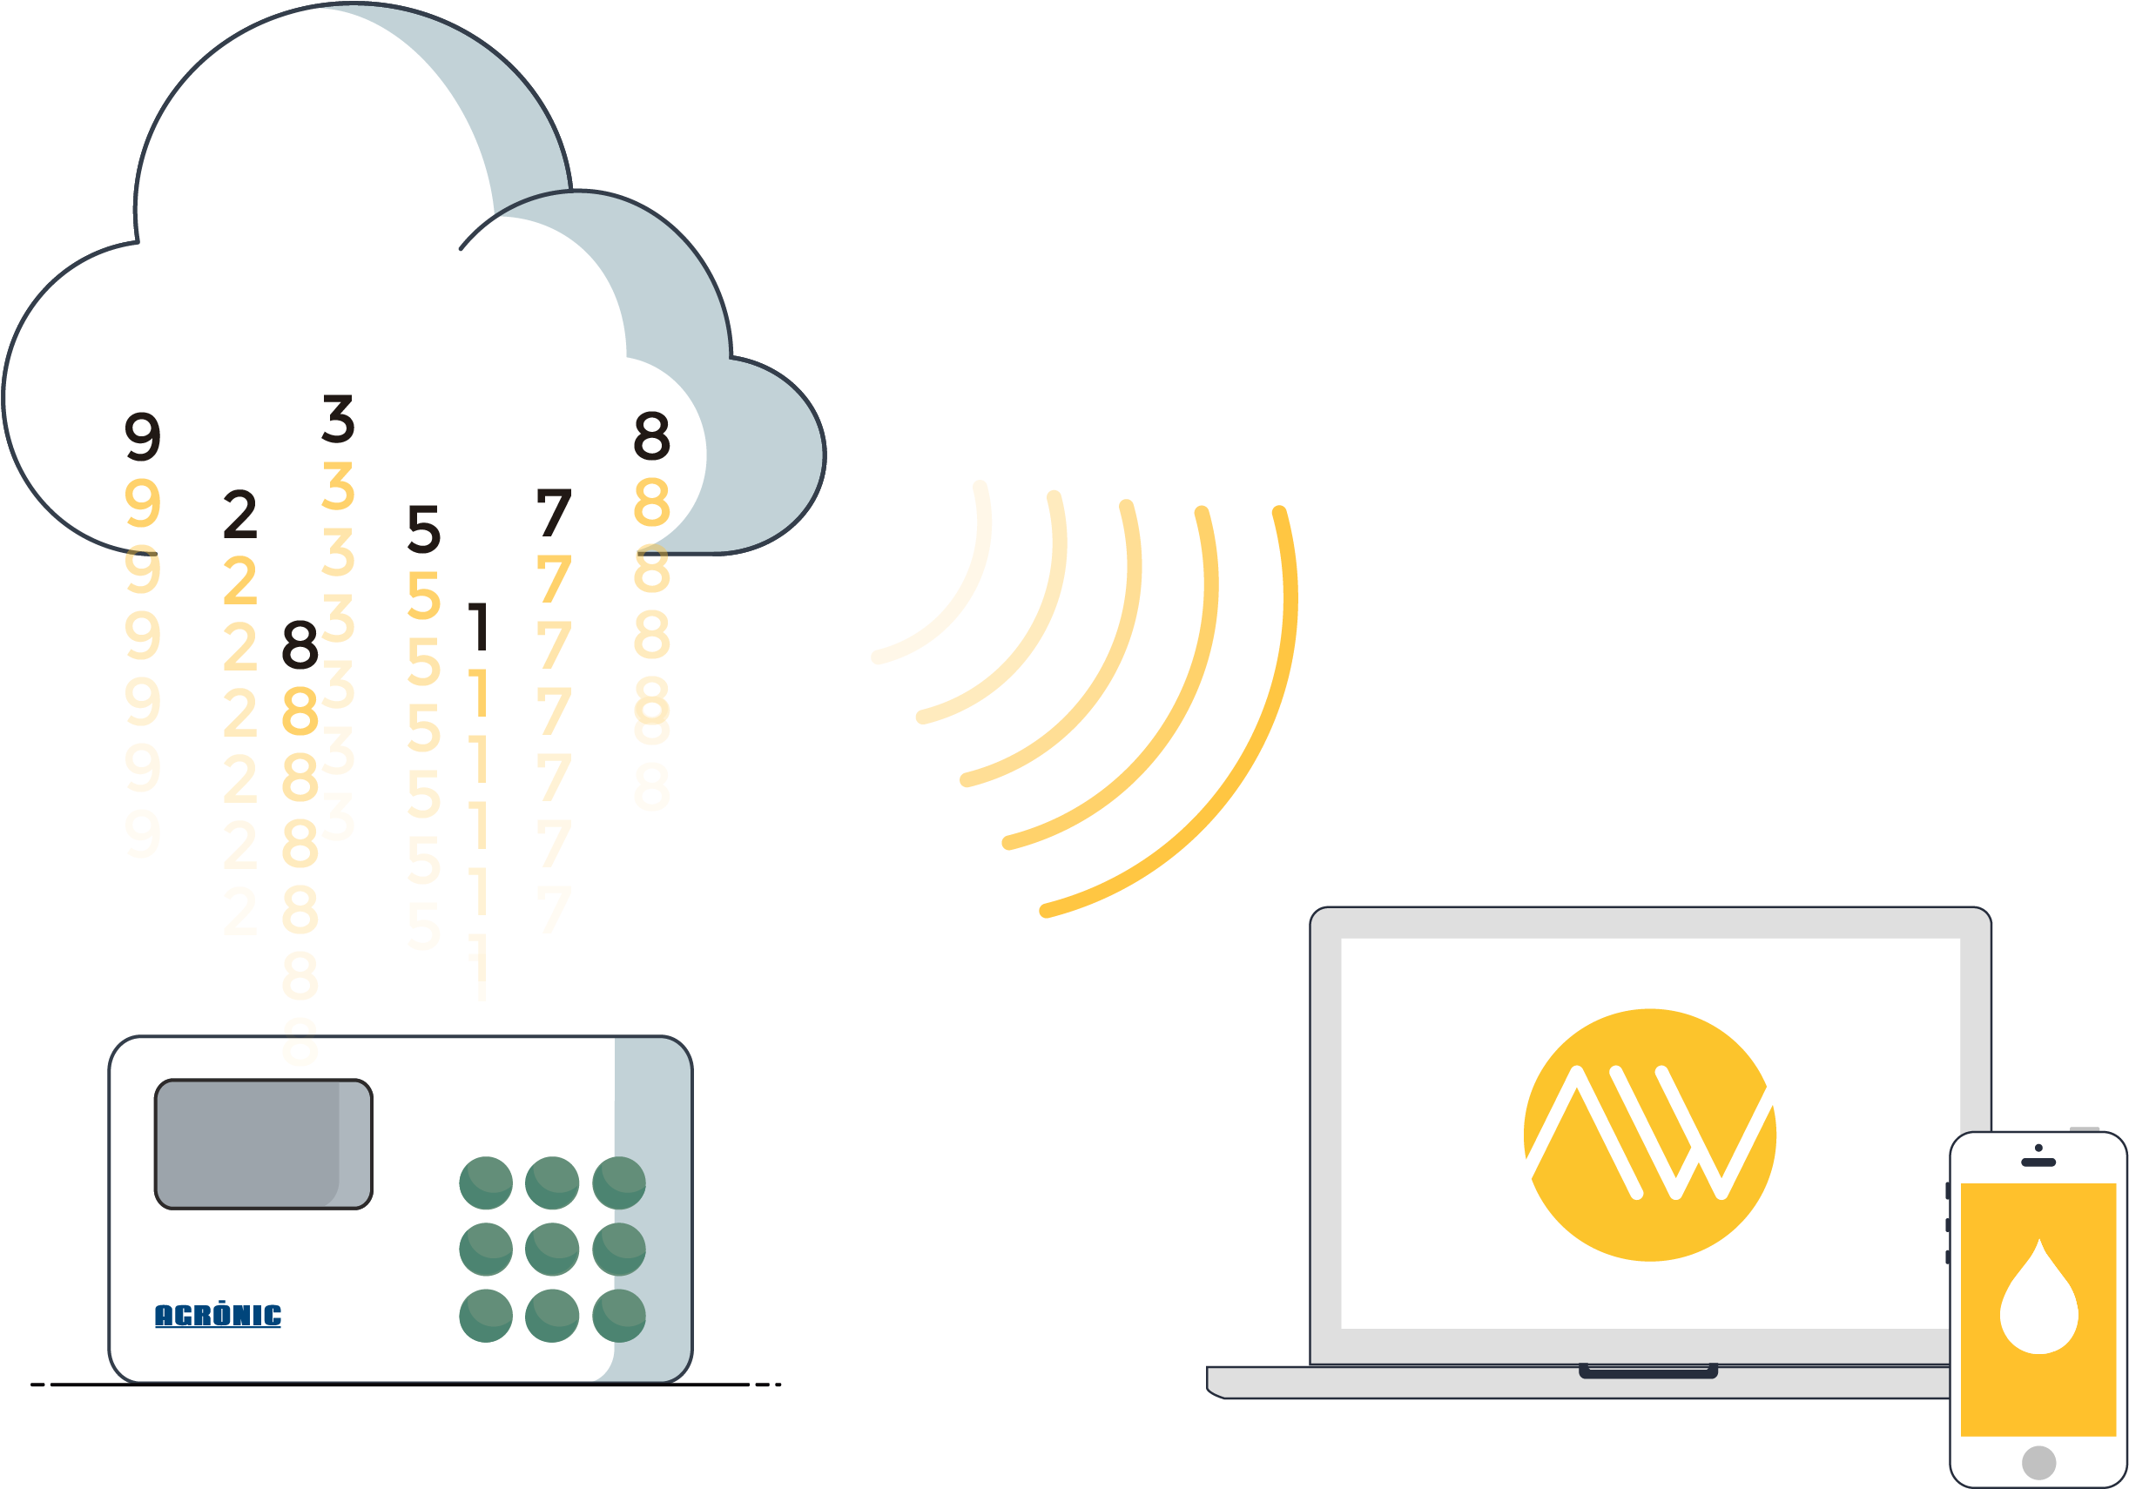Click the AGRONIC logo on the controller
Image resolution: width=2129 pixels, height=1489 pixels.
click(x=218, y=1315)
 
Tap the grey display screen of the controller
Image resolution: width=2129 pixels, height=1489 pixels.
click(x=263, y=1144)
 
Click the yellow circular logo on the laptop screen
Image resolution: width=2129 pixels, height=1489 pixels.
click(x=1649, y=1135)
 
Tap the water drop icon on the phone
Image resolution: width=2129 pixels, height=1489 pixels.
click(x=2039, y=1298)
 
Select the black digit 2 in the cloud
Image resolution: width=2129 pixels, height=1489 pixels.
click(x=240, y=515)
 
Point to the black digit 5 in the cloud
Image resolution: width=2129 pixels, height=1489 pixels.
click(x=424, y=529)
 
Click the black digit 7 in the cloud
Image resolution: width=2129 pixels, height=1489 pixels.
click(x=554, y=513)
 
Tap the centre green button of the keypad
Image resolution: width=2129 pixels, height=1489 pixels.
click(x=552, y=1249)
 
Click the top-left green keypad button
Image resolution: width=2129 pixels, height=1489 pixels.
click(x=486, y=1183)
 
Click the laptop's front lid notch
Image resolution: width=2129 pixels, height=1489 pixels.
click(x=1647, y=1371)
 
